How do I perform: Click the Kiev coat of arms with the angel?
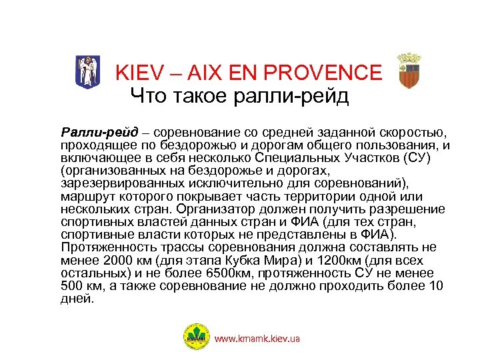(x=87, y=70)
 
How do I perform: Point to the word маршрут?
(x=87, y=196)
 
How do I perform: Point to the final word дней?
(x=76, y=299)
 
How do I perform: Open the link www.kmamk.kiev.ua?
(x=257, y=339)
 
